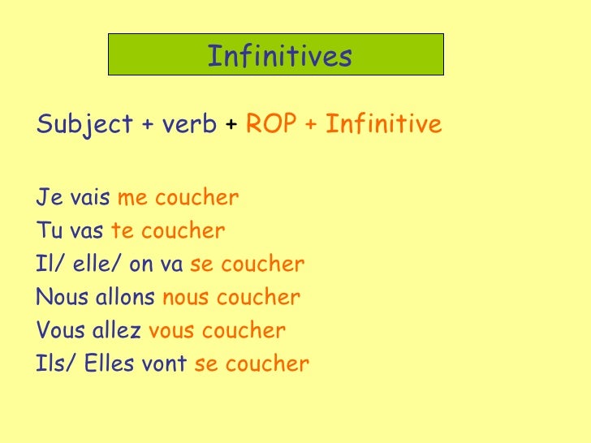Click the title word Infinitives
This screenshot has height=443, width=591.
coord(279,56)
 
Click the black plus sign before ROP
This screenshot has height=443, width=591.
coord(231,126)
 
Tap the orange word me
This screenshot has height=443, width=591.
coord(132,199)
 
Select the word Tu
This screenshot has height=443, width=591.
coord(48,231)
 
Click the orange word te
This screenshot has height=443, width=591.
coord(122,231)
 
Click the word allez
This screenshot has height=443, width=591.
coord(119,331)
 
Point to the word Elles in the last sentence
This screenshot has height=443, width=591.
coord(108,364)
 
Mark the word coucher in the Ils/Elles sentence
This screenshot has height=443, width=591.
coord(266,364)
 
